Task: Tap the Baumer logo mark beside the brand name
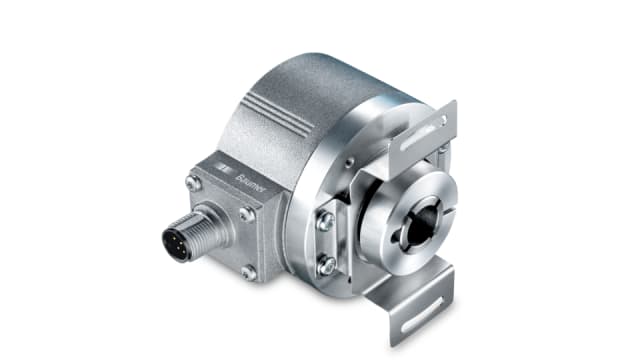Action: point(229,164)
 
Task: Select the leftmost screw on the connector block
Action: point(191,183)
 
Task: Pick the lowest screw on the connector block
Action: point(249,271)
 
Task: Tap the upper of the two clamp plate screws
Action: point(325,222)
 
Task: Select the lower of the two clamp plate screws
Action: point(325,265)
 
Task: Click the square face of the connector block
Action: point(225,215)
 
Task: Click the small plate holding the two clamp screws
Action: point(325,243)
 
